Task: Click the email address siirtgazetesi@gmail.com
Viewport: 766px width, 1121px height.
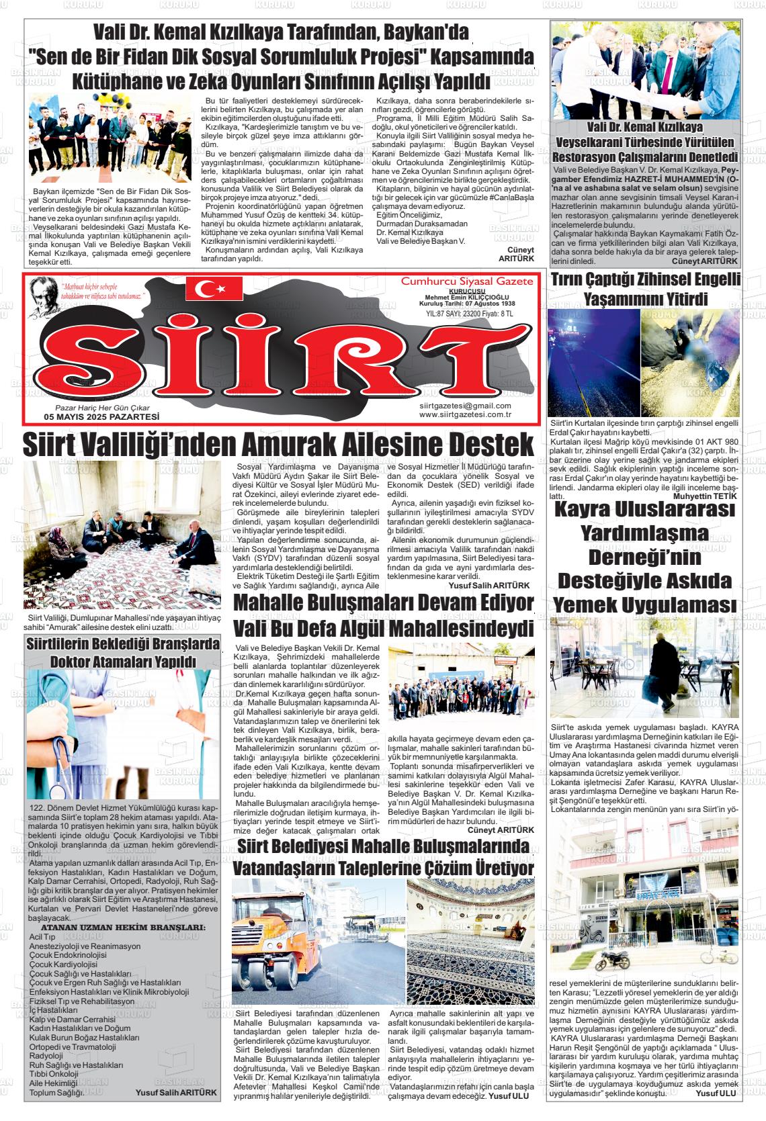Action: [x=464, y=406]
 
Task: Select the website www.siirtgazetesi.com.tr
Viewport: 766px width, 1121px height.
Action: [x=465, y=414]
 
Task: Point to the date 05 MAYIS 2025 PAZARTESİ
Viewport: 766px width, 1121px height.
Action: [x=97, y=416]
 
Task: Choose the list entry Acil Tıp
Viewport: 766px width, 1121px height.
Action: [x=42, y=936]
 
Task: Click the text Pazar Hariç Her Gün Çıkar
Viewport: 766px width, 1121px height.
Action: [x=102, y=408]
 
